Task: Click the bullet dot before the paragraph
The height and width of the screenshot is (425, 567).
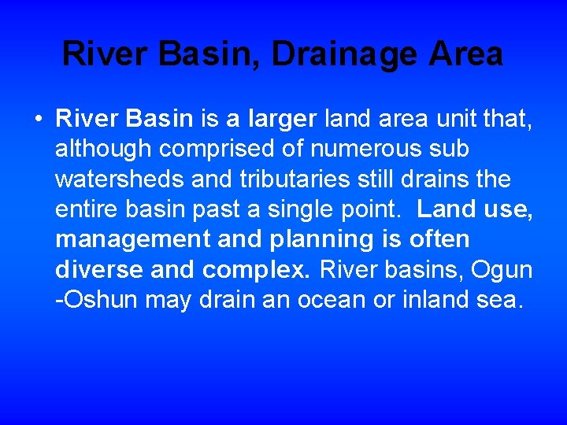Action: click(x=38, y=120)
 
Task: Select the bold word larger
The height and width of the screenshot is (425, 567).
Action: click(x=282, y=120)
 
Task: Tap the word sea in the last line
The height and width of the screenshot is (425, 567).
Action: click(x=504, y=299)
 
